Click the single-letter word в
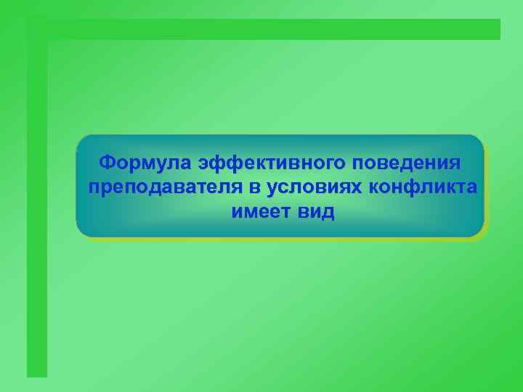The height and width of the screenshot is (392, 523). [254, 187]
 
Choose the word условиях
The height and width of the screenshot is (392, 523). [314, 187]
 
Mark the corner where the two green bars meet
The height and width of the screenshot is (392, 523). [37, 29]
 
